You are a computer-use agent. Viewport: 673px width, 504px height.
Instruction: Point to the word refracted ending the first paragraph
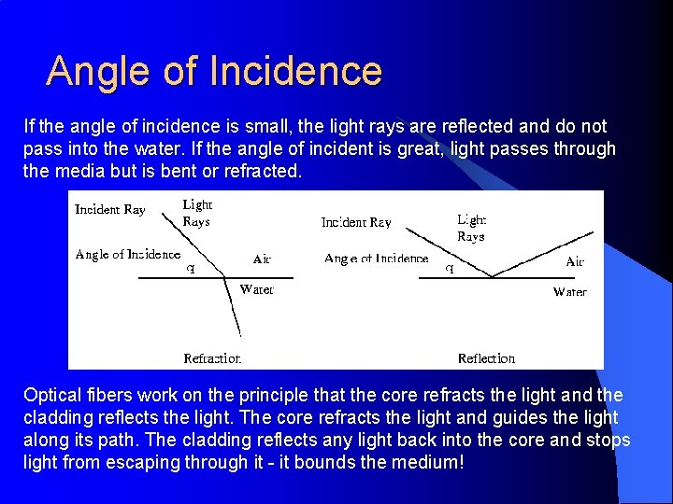261,171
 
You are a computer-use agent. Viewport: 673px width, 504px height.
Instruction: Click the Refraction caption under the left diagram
212,358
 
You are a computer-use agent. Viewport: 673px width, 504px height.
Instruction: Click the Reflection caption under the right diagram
486,358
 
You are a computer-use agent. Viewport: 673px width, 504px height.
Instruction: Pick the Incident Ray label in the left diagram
110,210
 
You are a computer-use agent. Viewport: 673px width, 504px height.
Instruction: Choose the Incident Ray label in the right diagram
356,222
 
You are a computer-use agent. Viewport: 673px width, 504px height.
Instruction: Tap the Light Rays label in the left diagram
196,213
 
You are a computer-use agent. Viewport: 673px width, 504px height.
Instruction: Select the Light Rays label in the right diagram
471,228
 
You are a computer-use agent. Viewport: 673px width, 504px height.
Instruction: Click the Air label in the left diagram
262,259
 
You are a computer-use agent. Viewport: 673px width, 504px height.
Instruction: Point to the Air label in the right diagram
575,262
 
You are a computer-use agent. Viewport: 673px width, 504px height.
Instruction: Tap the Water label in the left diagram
257,289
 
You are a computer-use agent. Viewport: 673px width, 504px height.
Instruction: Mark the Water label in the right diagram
569,292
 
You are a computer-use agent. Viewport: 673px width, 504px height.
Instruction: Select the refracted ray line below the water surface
234,308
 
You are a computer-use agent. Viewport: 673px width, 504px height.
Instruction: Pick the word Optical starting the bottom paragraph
55,395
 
